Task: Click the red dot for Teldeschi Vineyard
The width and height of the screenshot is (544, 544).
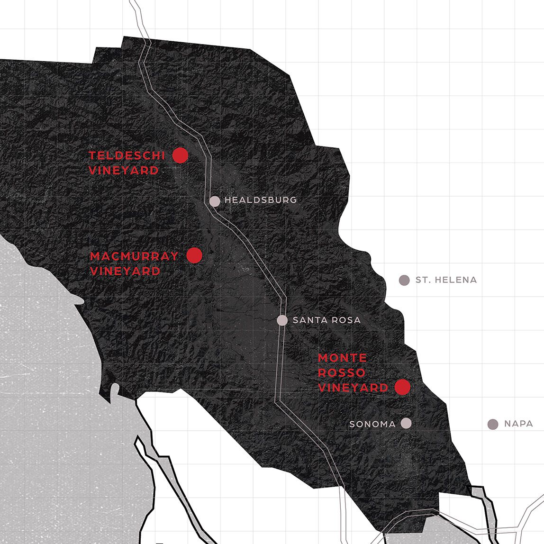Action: (180, 155)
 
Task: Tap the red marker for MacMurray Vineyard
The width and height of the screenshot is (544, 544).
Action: (194, 255)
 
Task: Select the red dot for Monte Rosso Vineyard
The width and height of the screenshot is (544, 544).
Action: (402, 387)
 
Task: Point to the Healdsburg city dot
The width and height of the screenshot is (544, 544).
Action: (215, 201)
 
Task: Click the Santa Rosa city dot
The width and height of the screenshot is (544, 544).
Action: (282, 320)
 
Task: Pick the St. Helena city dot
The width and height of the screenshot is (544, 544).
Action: (404, 280)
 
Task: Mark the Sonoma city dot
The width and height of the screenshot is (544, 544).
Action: (406, 423)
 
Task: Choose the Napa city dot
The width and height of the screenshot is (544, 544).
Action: (493, 424)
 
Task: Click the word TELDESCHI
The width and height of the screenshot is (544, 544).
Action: (127, 155)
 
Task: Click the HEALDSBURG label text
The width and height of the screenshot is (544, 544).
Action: (261, 200)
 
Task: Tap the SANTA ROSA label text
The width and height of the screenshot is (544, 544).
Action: (326, 320)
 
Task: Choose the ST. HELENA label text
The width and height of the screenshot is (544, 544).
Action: (446, 280)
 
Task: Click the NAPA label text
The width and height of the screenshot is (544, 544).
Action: (518, 424)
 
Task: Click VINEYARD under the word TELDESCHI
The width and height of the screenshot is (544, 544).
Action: (124, 171)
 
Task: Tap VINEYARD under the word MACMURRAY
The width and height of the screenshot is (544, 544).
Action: (125, 272)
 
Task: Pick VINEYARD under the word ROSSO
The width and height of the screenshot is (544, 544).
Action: (353, 388)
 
